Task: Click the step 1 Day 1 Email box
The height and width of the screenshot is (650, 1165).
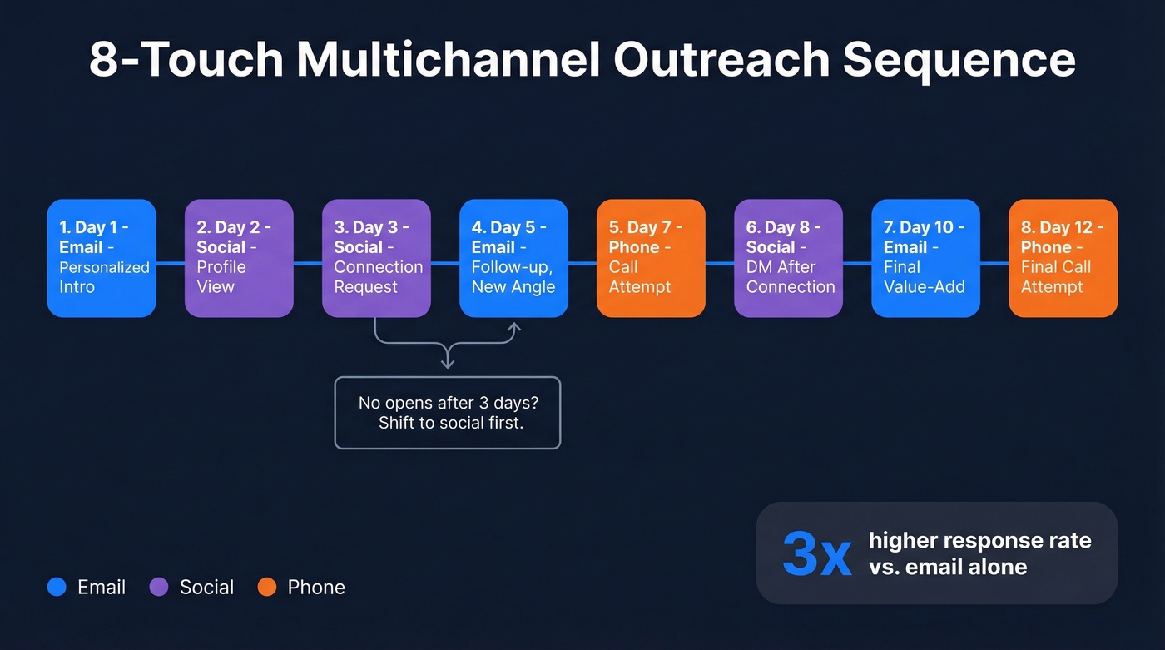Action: tap(102, 258)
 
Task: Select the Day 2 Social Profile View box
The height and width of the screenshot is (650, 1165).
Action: tap(239, 258)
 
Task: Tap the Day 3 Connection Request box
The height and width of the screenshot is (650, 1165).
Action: tap(376, 258)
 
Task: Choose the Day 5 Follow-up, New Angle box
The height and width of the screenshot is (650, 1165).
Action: tap(513, 258)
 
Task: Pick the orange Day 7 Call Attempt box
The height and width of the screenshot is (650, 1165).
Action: tap(651, 258)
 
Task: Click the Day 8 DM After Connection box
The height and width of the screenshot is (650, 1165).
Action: tap(788, 258)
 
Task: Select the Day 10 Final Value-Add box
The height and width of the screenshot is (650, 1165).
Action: tap(925, 258)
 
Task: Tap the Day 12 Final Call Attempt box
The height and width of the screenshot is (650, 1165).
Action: tap(1063, 258)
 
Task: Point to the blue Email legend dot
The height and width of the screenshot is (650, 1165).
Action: tap(57, 587)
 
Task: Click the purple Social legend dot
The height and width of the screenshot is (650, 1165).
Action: tap(159, 587)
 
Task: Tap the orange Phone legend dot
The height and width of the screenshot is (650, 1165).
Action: tap(266, 587)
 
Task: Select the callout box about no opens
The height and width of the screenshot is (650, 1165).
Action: tap(448, 413)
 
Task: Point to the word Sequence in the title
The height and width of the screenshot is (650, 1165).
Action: tap(959, 60)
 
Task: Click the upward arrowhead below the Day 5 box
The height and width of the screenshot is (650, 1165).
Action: tap(514, 327)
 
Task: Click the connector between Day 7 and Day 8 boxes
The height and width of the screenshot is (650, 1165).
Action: tap(720, 263)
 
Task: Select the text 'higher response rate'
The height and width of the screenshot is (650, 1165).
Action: tap(979, 540)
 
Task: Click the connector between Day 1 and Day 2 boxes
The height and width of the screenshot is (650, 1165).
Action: tap(171, 263)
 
